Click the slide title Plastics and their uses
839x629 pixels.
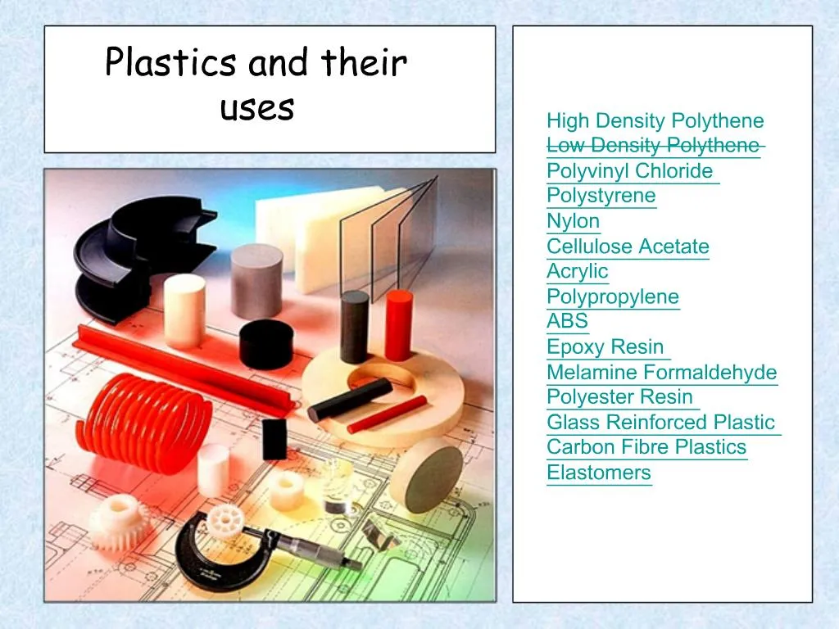[256, 85]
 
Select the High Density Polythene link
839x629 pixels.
[655, 121]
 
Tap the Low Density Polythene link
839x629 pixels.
[653, 146]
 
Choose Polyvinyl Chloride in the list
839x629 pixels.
[630, 171]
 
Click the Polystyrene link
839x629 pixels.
[601, 196]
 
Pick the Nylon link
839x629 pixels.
[574, 221]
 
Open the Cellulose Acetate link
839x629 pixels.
[628, 247]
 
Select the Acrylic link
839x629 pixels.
[578, 271]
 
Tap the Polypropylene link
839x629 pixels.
[613, 296]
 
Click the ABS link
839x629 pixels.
[568, 321]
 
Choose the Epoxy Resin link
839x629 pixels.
[605, 346]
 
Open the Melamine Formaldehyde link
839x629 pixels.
[661, 373]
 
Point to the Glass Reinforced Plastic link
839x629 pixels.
[660, 423]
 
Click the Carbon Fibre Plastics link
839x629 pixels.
[646, 447]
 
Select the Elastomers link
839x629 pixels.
[599, 473]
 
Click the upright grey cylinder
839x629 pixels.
[256, 281]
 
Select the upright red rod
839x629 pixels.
[398, 324]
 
